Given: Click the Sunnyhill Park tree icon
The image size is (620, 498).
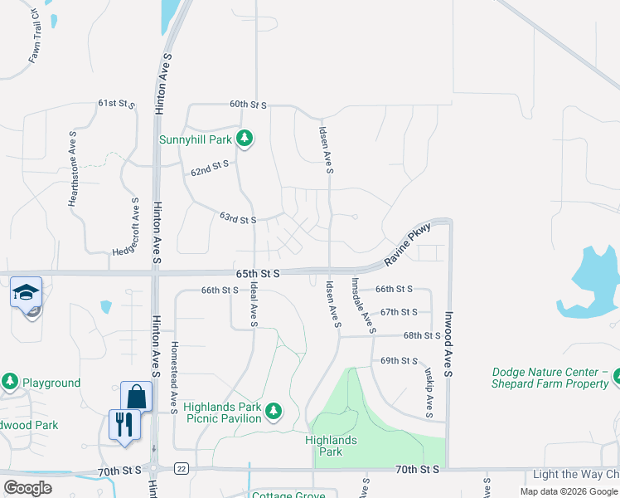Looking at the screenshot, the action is [244, 139].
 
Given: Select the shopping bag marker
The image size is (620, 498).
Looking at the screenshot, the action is [136, 397].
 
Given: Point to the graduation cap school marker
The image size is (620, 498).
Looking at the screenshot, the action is [26, 293].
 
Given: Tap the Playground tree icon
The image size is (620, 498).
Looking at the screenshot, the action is [10, 382].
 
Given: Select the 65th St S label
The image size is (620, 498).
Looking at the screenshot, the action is [258, 273].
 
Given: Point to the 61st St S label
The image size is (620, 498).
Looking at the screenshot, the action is [116, 104].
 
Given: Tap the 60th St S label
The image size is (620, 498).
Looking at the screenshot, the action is [248, 105].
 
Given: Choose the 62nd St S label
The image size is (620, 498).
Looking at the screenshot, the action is [209, 168].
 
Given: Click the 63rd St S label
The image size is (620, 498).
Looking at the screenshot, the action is [238, 219].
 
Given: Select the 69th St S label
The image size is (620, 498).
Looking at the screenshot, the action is [399, 361].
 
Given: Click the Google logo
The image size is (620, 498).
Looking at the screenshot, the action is [28, 488].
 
